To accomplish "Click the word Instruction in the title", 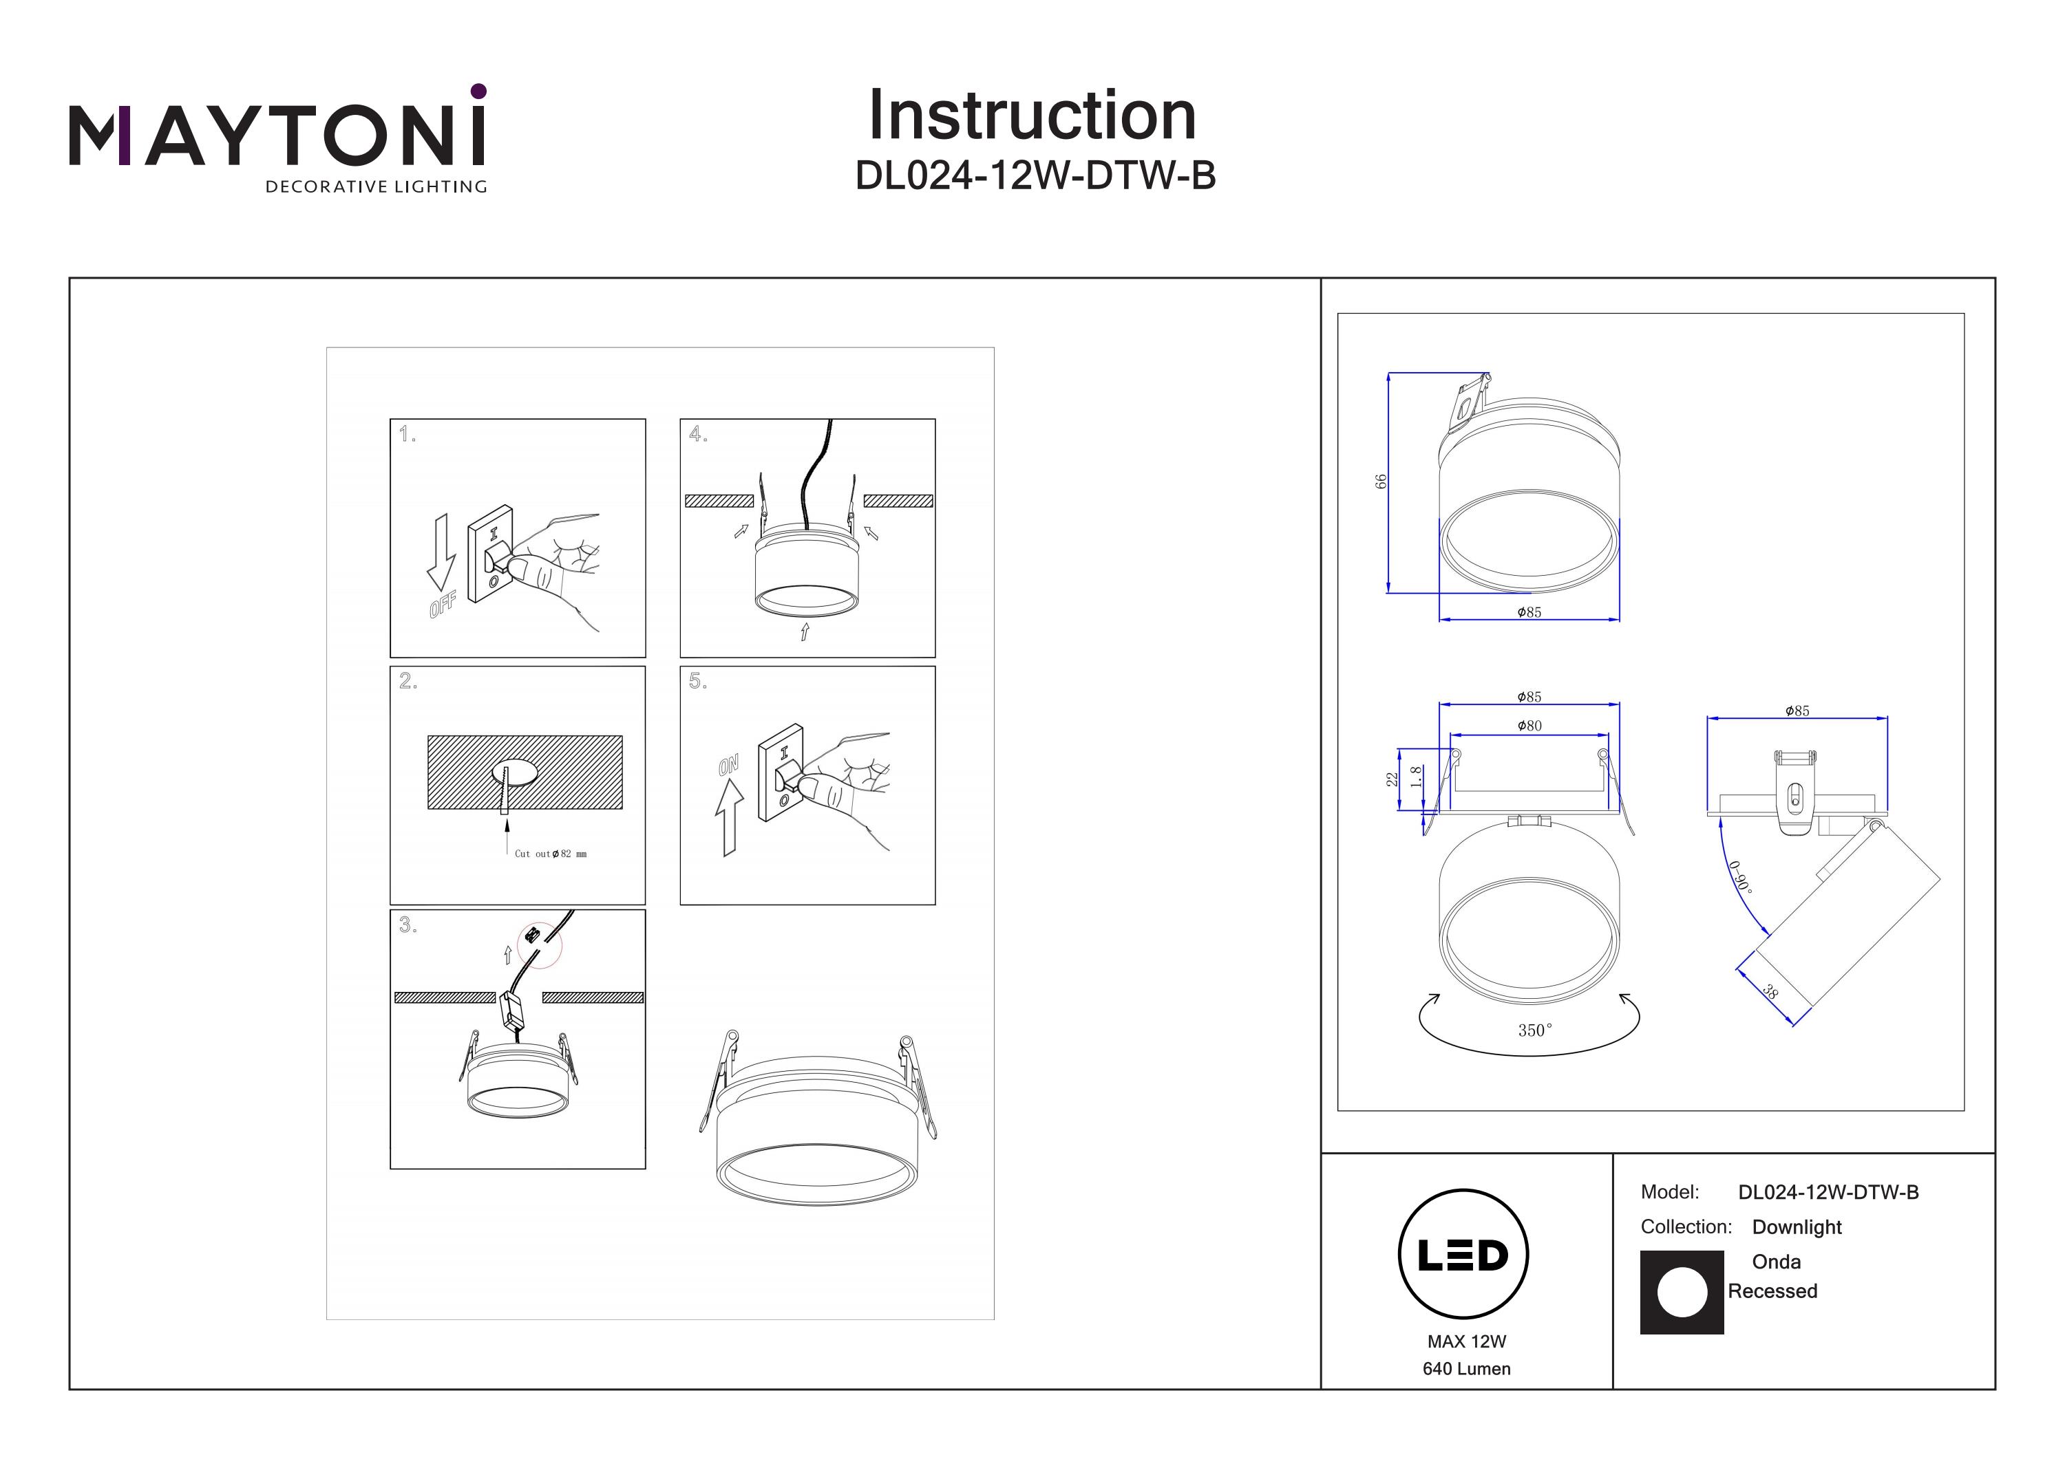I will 1032,116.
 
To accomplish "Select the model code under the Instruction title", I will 1035,176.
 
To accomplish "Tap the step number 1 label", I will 407,435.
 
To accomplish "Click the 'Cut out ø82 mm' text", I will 551,854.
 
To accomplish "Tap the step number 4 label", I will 698,435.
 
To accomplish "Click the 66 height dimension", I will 1381,482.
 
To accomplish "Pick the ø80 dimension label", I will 1529,726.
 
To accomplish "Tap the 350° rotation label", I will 1535,1030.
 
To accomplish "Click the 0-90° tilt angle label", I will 1740,876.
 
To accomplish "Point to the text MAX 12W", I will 1466,1341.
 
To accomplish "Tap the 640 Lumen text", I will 1466,1369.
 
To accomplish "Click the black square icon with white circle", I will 1682,1293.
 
